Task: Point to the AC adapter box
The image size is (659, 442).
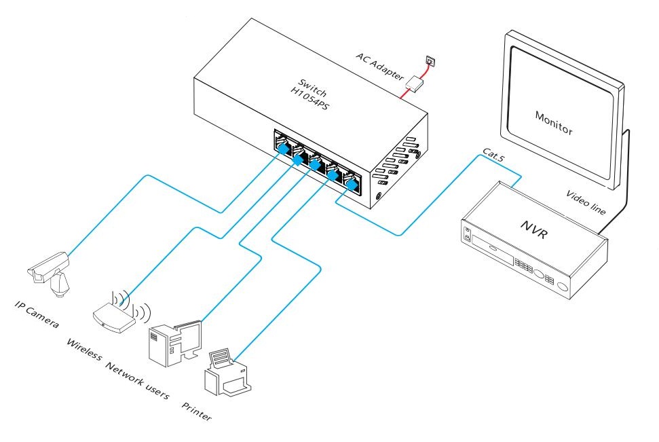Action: [x=416, y=84]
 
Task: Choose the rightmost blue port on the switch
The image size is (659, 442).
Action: [x=352, y=184]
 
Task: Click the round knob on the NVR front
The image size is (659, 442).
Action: [x=563, y=286]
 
